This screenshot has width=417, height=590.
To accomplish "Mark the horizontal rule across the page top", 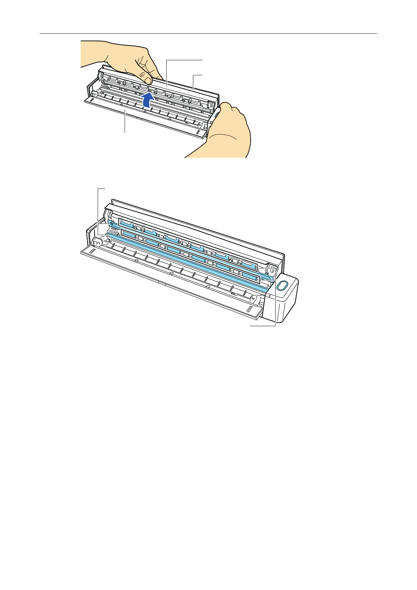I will [208, 34].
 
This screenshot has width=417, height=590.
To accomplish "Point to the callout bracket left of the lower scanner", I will [98, 210].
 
